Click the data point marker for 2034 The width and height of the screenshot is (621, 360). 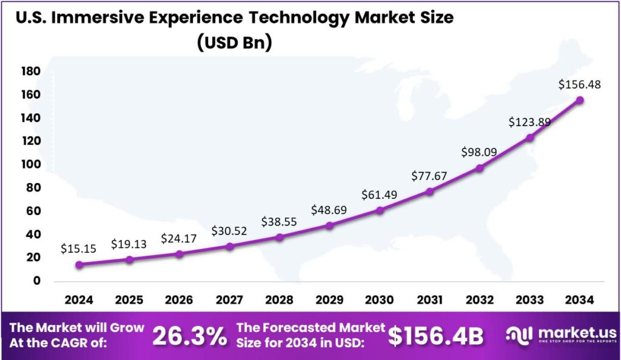[x=580, y=100]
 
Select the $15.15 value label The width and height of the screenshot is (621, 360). [x=78, y=248]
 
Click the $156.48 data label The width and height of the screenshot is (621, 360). [x=580, y=85]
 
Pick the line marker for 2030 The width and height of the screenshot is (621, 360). [x=380, y=210]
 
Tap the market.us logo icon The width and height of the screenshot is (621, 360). [x=519, y=334]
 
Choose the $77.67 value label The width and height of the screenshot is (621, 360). [x=430, y=176]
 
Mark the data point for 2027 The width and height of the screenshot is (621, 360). [x=229, y=246]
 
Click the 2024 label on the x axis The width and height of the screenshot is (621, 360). [x=79, y=299]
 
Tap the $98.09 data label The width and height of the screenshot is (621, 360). [x=480, y=152]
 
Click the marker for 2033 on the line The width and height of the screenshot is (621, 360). [x=529, y=138]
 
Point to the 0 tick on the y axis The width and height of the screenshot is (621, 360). [x=36, y=281]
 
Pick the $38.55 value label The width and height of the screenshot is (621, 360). [x=279, y=222]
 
